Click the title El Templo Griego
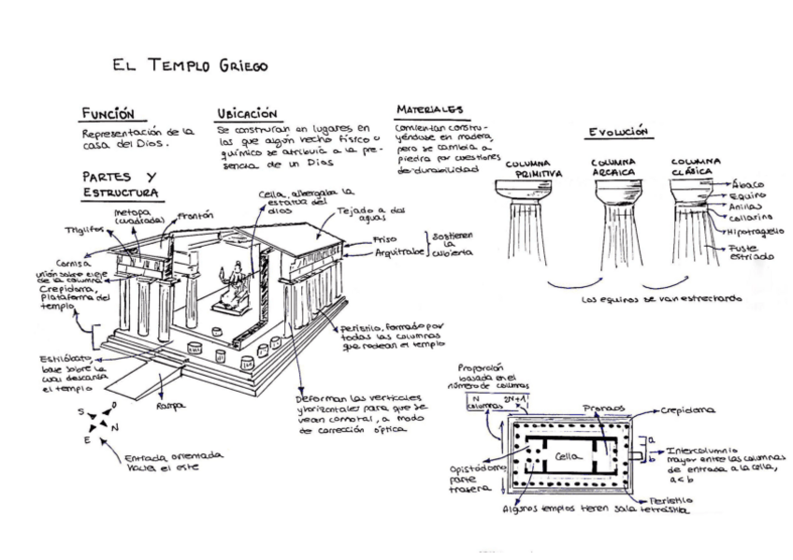190,65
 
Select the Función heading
108,113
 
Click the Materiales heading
428,109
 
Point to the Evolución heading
617,132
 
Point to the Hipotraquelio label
756,230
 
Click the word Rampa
169,406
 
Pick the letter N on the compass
115,426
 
